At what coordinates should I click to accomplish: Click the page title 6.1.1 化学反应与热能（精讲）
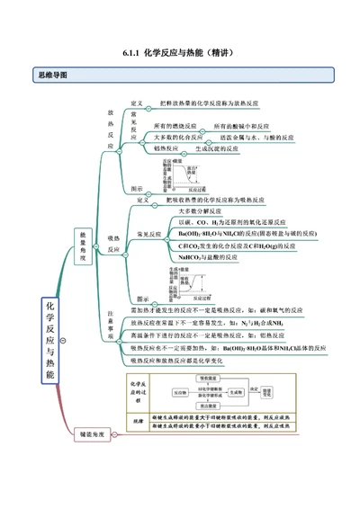pyautogui.click(x=179, y=52)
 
